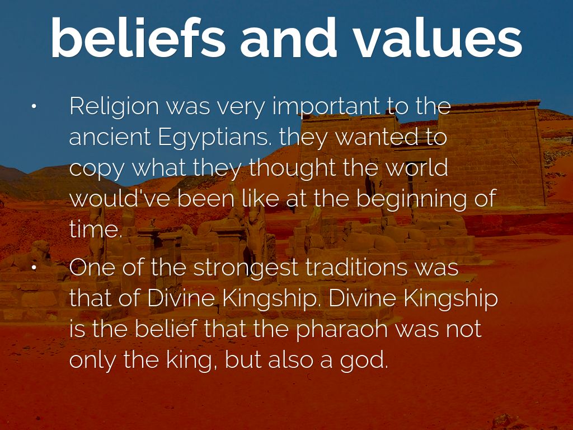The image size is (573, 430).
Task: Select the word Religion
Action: coord(114,107)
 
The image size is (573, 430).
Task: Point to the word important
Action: coord(326,107)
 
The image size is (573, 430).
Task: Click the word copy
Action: coord(97,169)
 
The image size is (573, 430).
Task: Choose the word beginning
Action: coord(411,200)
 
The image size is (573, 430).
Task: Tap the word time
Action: coord(96,230)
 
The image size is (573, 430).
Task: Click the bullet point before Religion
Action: coord(34,107)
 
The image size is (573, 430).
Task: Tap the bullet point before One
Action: coord(34,268)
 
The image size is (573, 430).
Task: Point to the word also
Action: coord(291,359)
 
